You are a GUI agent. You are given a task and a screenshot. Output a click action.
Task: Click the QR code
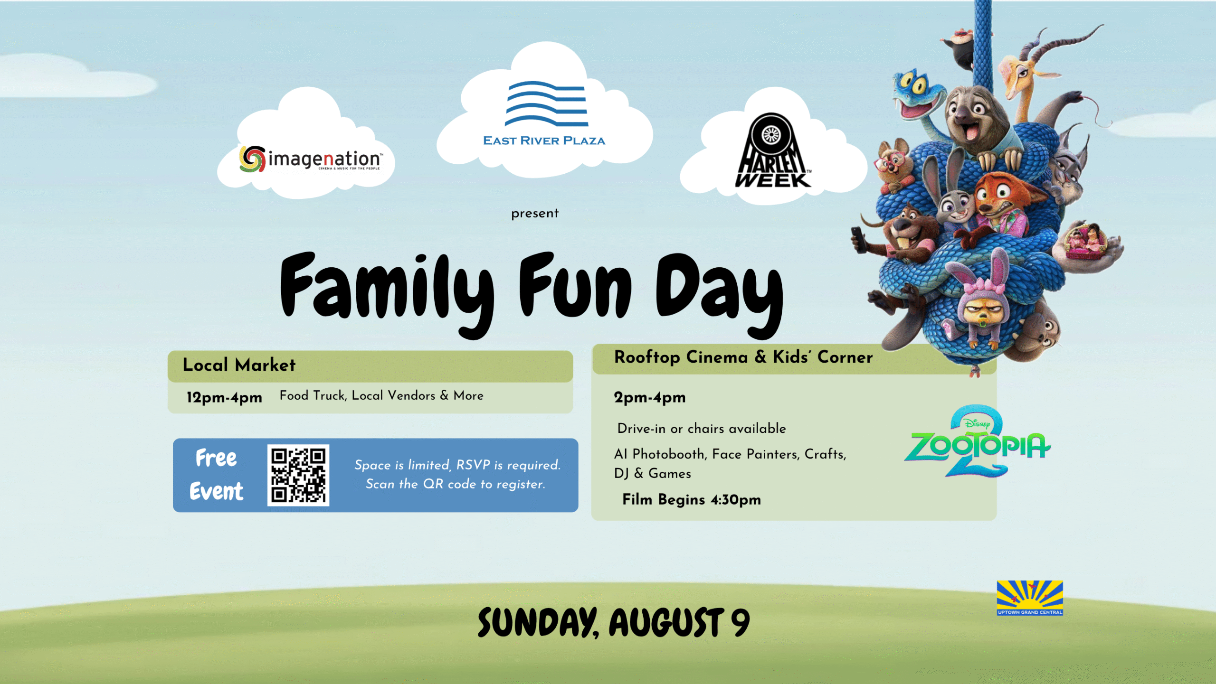tap(298, 475)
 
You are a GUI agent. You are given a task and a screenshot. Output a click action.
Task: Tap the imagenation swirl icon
tap(252, 159)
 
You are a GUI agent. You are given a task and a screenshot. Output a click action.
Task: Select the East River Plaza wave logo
tap(546, 103)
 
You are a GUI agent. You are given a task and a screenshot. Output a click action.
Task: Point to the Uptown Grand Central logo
tap(1030, 598)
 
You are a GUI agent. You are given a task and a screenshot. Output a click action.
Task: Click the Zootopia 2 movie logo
tap(978, 441)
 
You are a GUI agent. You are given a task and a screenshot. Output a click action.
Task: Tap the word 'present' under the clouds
tap(535, 214)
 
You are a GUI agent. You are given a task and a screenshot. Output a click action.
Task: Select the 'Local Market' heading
tap(239, 365)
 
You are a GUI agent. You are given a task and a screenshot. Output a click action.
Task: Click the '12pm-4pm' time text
tap(224, 397)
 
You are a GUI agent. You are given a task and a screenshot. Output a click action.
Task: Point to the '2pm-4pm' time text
tap(650, 397)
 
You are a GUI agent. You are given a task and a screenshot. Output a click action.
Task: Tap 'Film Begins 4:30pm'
tap(692, 499)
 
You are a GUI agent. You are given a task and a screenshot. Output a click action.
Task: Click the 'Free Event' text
tap(217, 475)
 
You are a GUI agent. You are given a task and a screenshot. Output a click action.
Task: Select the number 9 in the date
tap(740, 622)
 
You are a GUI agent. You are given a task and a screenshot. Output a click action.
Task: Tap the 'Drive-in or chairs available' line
tap(702, 429)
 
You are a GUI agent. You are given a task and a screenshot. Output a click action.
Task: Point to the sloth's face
tap(969, 116)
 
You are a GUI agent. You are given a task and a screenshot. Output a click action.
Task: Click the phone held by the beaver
tap(858, 239)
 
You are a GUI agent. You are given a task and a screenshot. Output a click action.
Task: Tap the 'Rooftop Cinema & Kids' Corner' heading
tap(743, 357)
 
